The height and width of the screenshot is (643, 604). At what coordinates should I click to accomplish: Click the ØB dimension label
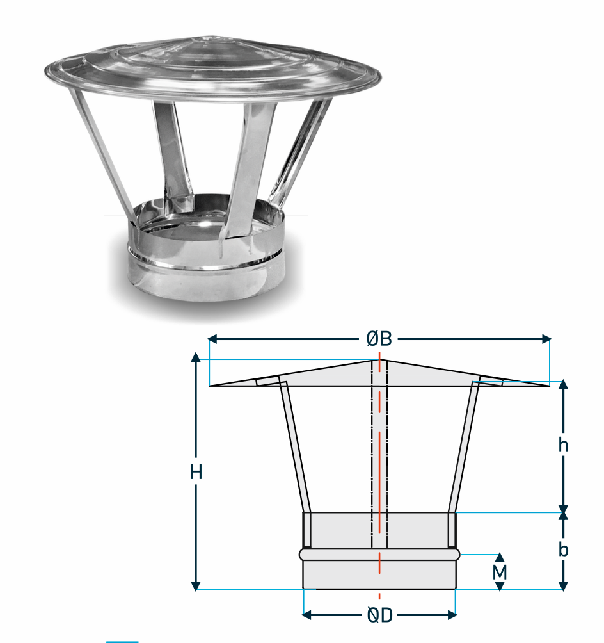click(379, 339)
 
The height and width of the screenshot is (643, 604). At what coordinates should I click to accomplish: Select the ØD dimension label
click(380, 615)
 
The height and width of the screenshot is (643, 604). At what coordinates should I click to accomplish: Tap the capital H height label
click(196, 473)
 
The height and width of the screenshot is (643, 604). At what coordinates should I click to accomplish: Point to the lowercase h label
click(564, 444)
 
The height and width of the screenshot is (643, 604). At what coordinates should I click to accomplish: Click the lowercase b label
click(564, 549)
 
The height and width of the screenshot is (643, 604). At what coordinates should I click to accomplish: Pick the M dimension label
click(500, 572)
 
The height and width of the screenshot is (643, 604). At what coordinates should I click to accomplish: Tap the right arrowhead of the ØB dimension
click(546, 339)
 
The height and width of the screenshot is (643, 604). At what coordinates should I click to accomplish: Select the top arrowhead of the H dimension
click(196, 357)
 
